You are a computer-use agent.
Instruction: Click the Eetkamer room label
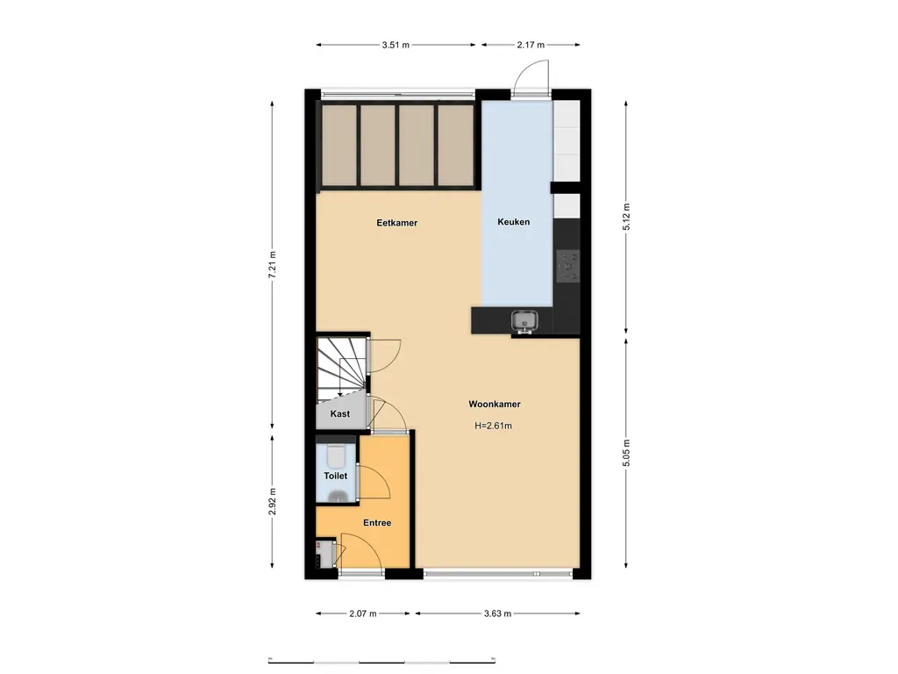(396, 223)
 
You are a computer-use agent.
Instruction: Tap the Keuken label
(513, 222)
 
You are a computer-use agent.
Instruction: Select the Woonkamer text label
(495, 405)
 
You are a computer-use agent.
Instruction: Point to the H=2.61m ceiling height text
(493, 426)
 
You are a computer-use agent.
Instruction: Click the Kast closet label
(340, 414)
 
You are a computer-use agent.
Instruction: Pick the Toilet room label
(336, 476)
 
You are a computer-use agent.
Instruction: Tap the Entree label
(377, 523)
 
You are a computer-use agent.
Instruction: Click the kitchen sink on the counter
(524, 322)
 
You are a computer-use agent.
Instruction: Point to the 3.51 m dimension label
(396, 45)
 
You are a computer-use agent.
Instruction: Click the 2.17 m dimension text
(531, 45)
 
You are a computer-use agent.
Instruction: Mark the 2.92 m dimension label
(273, 504)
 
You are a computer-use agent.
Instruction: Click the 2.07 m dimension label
(362, 613)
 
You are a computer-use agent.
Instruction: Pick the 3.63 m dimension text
(497, 613)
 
